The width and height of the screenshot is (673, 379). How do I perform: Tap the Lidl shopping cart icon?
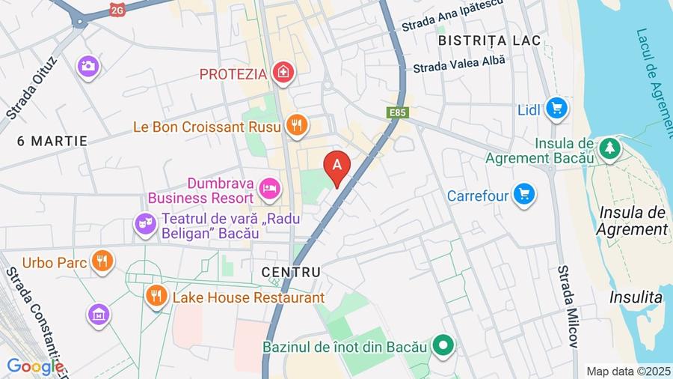555,109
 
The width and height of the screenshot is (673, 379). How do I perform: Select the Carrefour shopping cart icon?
524,195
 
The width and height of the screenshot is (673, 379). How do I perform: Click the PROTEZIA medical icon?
283,73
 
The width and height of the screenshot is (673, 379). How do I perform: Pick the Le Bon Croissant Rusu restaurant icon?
297,126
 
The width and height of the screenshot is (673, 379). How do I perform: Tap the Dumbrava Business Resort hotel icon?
269,189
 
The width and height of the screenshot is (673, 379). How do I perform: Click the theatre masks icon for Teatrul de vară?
145,223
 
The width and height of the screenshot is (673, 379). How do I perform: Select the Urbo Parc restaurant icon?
102,261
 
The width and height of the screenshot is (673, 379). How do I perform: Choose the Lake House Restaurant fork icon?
156,297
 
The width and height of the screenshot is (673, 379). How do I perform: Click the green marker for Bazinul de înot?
443,346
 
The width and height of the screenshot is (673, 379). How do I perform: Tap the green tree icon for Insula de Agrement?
610,148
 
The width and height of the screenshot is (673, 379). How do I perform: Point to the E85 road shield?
397,112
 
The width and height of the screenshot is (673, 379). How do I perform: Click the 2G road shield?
117,10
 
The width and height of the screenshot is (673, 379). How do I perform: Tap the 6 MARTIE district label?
52,141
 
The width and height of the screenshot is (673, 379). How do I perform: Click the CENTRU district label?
292,272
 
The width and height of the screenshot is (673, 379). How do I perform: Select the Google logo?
35,367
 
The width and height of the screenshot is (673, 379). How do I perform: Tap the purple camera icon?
87,66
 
